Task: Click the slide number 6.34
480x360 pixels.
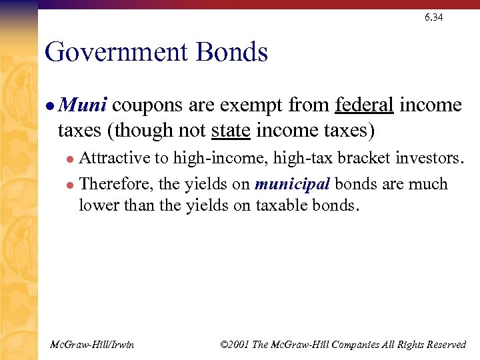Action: coord(433,17)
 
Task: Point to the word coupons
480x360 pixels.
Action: coord(147,105)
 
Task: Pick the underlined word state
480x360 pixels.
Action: coord(230,129)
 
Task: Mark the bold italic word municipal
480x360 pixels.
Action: coord(292,184)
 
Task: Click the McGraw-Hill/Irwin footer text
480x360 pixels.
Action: coord(92,344)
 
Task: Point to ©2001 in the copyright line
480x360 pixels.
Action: coord(235,344)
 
